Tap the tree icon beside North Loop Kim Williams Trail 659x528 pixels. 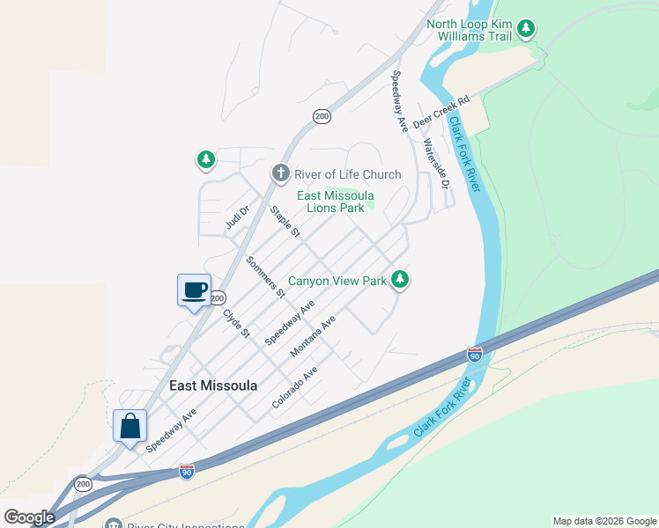pos(527,29)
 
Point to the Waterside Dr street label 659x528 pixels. pos(436,165)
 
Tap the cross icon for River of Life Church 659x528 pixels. pos(281,172)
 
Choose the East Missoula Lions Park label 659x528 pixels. pos(335,202)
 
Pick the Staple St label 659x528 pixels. pos(285,221)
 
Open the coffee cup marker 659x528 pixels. pos(194,290)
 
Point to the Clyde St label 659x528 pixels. pos(237,322)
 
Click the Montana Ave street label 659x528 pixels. pos(315,336)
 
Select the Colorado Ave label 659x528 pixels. pos(294,388)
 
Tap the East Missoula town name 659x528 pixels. pos(213,385)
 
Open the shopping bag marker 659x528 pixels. pos(130,426)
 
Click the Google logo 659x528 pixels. pos(29,517)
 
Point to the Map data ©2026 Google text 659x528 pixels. pos(604,521)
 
